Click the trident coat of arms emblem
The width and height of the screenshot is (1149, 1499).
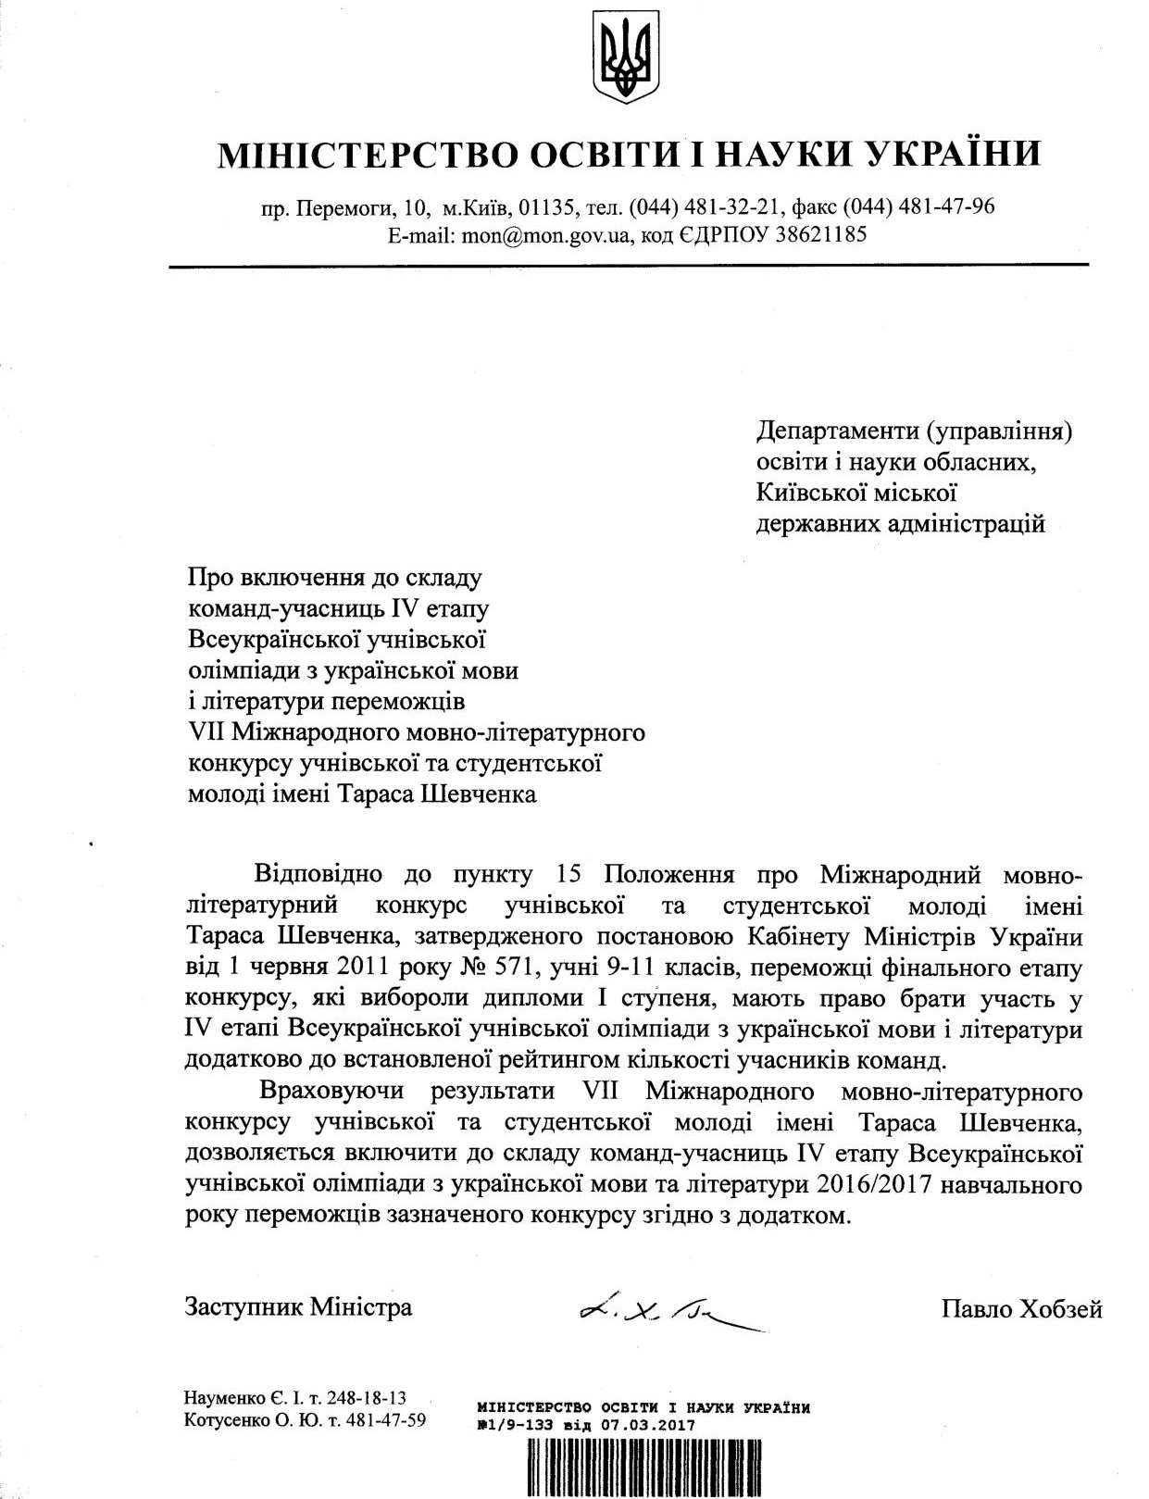tap(626, 57)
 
